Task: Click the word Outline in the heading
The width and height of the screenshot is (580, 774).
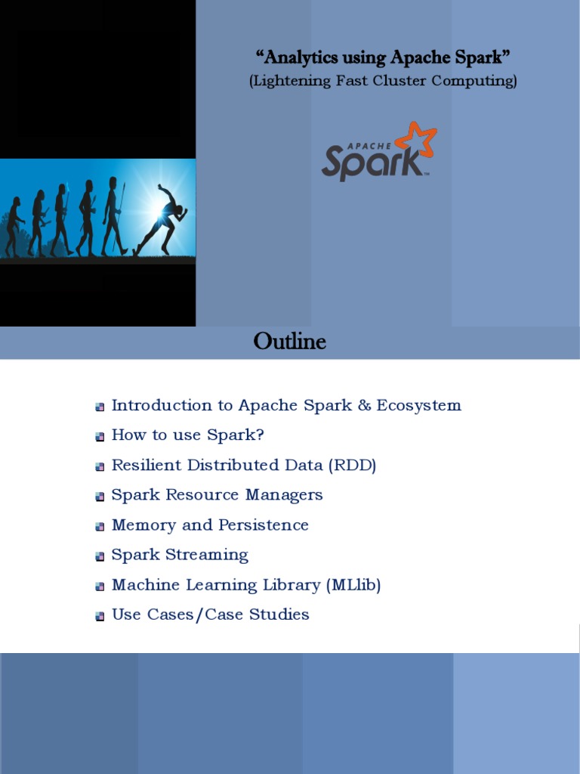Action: (x=290, y=342)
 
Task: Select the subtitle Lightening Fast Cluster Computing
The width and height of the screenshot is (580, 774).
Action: (x=384, y=82)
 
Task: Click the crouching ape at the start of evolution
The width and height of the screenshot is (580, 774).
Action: (x=13, y=226)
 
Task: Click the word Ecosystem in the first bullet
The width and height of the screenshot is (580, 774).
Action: (x=419, y=405)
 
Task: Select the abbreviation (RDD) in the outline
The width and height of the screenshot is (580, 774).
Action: (x=352, y=465)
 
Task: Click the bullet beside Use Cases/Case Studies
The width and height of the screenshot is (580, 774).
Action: (x=100, y=617)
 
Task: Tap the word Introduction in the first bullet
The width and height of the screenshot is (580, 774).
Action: (x=162, y=405)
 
